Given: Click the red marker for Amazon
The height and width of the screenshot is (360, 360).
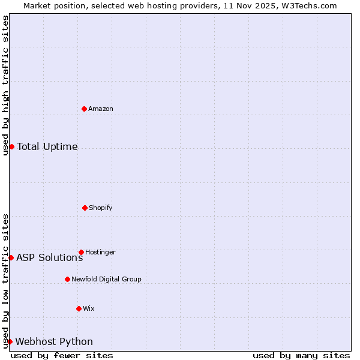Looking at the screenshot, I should pos(84,109).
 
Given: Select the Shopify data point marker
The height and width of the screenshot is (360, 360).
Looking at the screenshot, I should pos(85,208).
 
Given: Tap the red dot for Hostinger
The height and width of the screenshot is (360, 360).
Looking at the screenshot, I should pos(81,252).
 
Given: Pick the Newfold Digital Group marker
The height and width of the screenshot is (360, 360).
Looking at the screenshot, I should pos(67,279).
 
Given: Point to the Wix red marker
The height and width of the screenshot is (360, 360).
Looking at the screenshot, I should pos(79,308).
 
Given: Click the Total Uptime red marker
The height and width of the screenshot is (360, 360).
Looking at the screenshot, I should pos(11,146).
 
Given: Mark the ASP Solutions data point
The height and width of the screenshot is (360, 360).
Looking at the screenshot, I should pos(11,257).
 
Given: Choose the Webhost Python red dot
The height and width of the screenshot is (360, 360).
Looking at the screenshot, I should pos(10,341).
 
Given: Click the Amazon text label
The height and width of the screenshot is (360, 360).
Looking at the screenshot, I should pos(101,109).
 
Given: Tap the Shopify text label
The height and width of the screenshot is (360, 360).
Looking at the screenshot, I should pos(101,208).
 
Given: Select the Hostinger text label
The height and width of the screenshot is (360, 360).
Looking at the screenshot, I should pos(100,252).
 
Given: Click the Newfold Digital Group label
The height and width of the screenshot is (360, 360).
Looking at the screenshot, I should pos(106,279).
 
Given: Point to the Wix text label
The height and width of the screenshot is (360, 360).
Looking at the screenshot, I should pos(89,308).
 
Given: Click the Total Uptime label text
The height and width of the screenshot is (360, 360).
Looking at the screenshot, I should pos(47,146).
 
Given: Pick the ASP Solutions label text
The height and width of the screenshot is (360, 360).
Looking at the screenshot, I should pos(49,257).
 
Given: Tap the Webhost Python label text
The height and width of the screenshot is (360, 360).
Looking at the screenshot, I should pos(54,341).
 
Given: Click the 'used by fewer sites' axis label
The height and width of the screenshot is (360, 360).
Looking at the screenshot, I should pos(62,355).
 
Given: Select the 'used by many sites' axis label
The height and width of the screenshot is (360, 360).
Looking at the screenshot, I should pos(301,355).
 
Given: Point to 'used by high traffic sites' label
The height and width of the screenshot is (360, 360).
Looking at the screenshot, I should pos(5,85).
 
